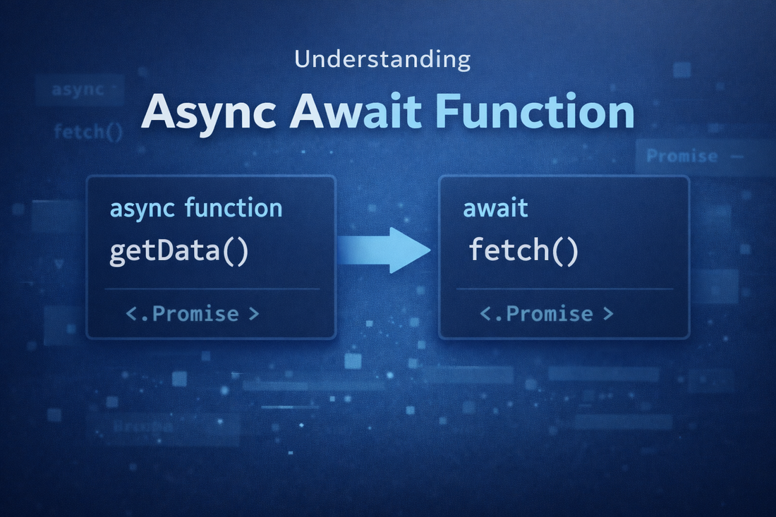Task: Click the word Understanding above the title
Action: (382, 60)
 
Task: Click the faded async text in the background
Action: (78, 90)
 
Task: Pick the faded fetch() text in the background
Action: (87, 131)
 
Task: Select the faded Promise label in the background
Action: (681, 156)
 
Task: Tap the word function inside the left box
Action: (234, 209)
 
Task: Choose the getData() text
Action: (179, 252)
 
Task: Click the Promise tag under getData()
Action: (192, 314)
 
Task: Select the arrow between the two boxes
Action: (384, 250)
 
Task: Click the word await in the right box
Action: (496, 209)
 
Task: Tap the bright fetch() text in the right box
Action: (523, 252)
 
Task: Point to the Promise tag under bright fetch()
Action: (546, 314)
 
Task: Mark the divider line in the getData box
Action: (211, 289)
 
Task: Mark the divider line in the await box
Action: (564, 289)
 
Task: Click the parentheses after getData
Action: (234, 253)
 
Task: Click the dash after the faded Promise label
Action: (736, 157)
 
